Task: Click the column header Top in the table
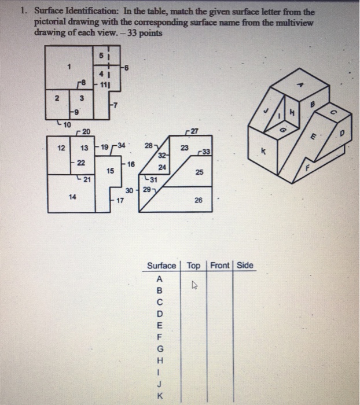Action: [x=194, y=266]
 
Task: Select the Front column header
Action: [x=220, y=266]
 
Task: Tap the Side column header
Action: [x=245, y=266]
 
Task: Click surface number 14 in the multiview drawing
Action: [x=72, y=197]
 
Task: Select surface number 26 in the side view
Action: [x=199, y=201]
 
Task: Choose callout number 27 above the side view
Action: [x=194, y=131]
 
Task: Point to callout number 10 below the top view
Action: [x=67, y=124]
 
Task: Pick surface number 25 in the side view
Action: [x=199, y=172]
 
